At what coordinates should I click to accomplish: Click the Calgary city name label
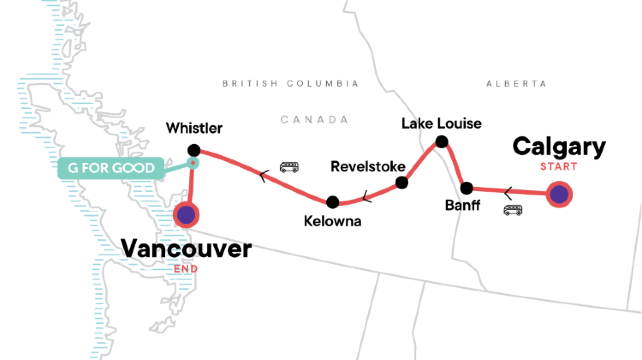click(559, 147)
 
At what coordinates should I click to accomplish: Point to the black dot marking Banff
click(466, 188)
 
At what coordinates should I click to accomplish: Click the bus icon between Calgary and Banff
click(513, 210)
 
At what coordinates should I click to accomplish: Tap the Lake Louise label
click(441, 124)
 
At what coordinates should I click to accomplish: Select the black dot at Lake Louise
click(439, 144)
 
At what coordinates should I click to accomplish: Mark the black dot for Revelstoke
click(402, 183)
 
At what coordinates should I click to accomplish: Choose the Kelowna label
click(333, 220)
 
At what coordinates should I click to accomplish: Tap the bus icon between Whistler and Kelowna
click(290, 167)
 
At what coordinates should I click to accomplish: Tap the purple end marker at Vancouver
click(186, 213)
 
